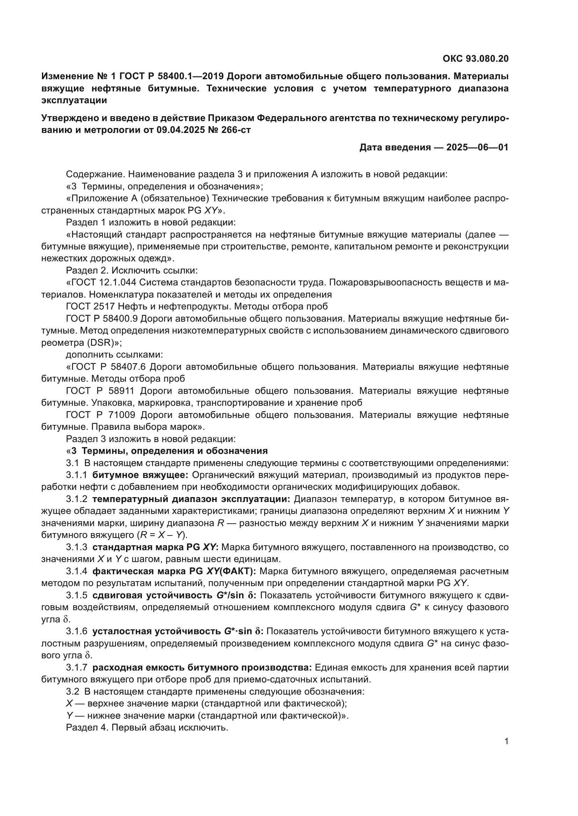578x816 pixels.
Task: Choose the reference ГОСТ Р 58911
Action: [x=100, y=391]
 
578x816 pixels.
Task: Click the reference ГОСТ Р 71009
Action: [x=100, y=415]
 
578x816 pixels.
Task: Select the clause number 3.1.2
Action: [x=77, y=499]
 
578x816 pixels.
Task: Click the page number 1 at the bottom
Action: [x=506, y=741]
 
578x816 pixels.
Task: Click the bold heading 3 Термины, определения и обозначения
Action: [x=169, y=451]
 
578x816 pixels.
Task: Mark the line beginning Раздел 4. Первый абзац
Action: [x=147, y=727]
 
